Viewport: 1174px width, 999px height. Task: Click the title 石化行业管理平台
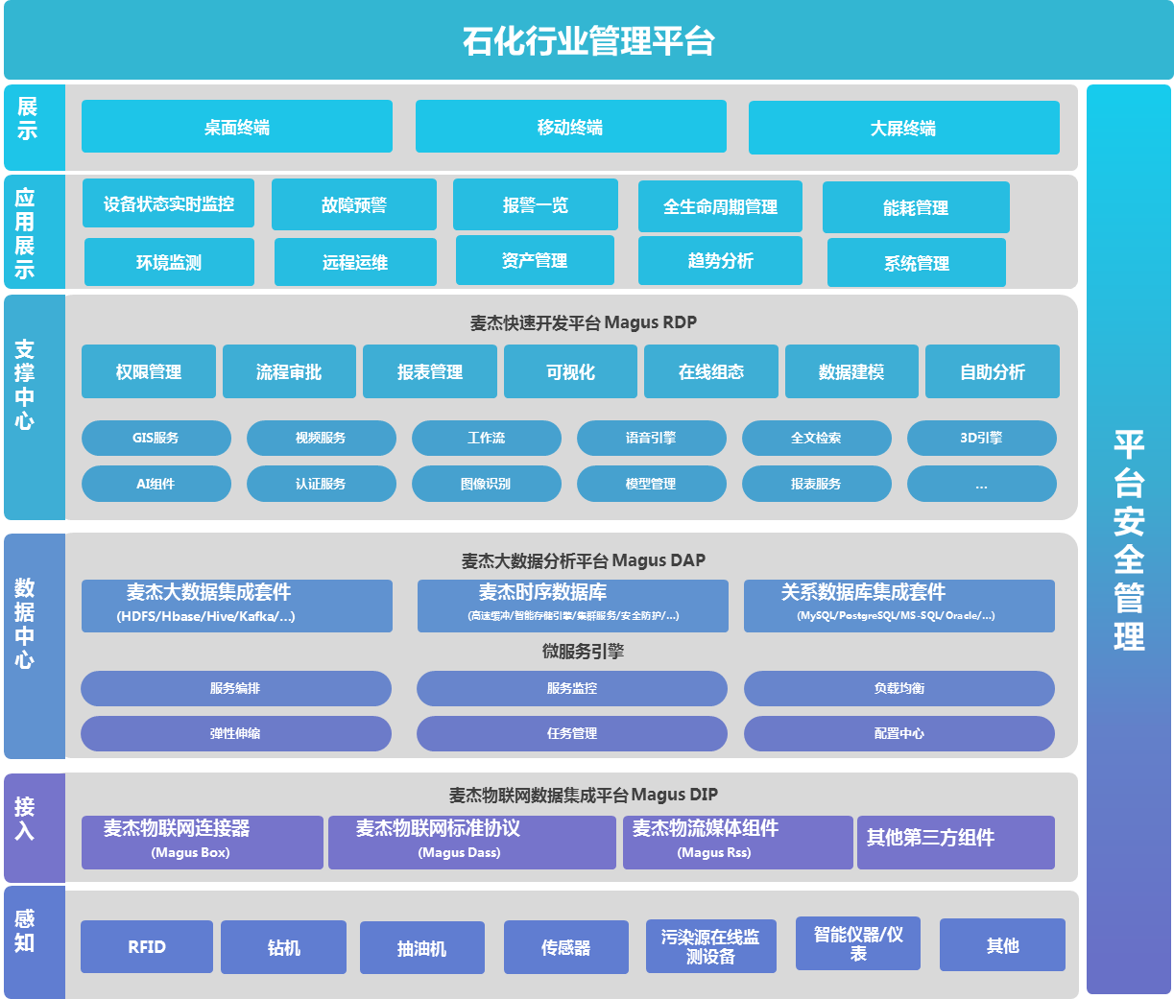pos(587,41)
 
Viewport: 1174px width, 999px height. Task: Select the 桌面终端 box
pos(237,127)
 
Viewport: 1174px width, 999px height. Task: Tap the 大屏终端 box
pos(903,128)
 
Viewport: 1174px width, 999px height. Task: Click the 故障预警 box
pos(353,204)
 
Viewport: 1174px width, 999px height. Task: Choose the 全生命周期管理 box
pos(720,206)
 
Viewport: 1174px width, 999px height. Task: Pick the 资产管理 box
pos(535,260)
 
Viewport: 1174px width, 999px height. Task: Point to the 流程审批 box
pos(289,371)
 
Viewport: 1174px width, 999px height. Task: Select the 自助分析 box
pos(992,371)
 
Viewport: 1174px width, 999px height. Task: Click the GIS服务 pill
pos(156,438)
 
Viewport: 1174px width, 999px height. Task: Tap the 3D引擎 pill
pos(981,438)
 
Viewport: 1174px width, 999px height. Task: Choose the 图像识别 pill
pos(486,484)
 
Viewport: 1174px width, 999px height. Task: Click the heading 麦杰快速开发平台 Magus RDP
pos(583,322)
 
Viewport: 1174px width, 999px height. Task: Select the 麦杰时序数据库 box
pos(572,605)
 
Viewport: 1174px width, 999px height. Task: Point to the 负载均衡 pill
pos(898,688)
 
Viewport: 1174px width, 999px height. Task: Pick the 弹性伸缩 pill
pos(235,733)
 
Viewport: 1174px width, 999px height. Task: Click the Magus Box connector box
pos(202,842)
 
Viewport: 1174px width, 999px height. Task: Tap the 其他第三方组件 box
pos(955,842)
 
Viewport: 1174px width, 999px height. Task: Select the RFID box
pos(147,946)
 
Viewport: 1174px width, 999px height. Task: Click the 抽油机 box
pos(421,948)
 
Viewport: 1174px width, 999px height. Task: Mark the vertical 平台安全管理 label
pos(1129,540)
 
